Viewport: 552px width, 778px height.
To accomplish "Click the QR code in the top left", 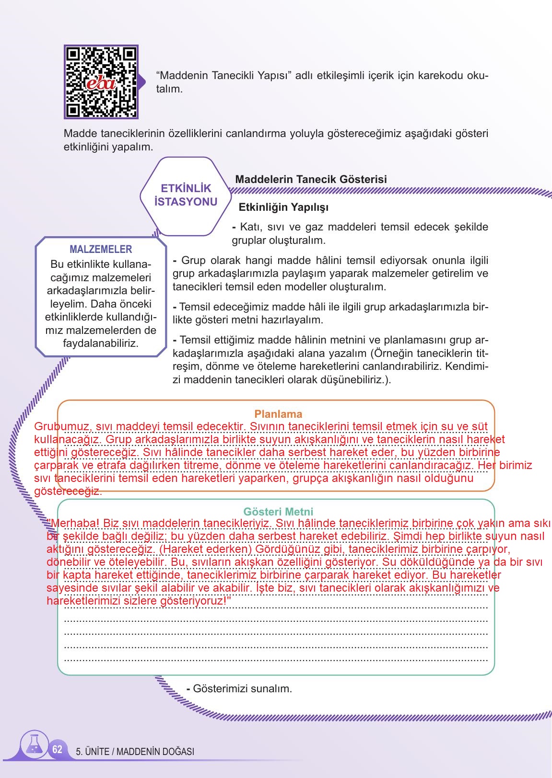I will (101, 82).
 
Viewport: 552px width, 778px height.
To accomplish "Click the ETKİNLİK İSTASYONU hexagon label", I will (186, 195).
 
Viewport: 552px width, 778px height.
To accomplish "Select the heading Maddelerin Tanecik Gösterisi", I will (311, 179).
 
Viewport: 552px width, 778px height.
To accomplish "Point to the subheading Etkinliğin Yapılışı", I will (283, 207).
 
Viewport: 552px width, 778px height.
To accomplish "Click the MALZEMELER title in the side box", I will (101, 249).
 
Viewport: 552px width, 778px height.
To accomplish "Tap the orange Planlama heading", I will (278, 414).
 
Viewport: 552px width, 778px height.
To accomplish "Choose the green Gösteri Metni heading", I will (278, 512).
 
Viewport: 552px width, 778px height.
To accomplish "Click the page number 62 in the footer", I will (58, 749).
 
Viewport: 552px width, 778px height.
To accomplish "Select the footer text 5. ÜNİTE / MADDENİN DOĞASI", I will (135, 752).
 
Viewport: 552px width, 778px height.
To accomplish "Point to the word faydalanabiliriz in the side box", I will (101, 343).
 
